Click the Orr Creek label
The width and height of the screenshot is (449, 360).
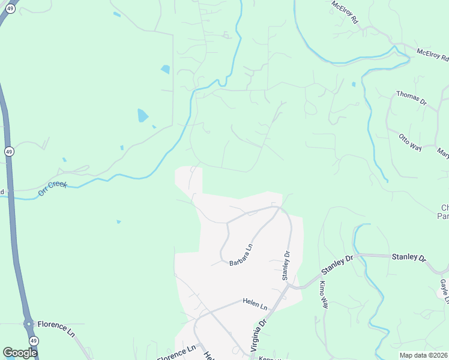[x=53, y=188]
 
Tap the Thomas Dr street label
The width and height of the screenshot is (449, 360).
[x=411, y=98]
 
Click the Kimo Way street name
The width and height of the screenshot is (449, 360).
[x=323, y=295]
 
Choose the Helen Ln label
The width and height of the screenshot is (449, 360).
[x=255, y=304]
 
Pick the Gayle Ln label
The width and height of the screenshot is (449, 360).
[x=444, y=291]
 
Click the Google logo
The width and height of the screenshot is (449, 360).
[x=20, y=353]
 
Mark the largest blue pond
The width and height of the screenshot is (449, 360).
[x=142, y=115]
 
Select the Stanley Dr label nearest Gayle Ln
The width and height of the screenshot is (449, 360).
[x=409, y=257]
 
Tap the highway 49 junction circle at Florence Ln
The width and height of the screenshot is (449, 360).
[x=28, y=324]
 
